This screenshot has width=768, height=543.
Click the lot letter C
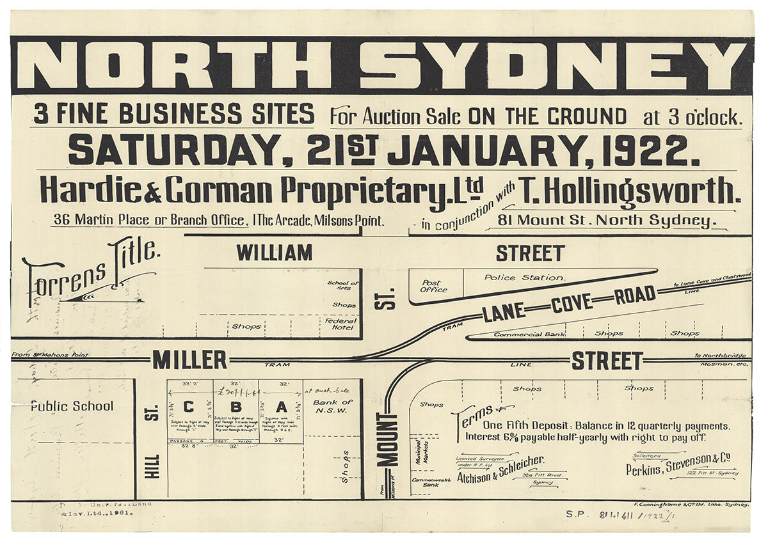(x=189, y=406)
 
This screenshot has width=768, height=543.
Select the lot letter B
(x=236, y=406)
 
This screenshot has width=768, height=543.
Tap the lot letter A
(x=281, y=406)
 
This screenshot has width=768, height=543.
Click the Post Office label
(x=434, y=285)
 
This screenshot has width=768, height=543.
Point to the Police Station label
(x=524, y=278)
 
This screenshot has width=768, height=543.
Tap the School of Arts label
(x=343, y=286)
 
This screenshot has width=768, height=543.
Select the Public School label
(x=72, y=406)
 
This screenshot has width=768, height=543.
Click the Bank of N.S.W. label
(x=333, y=406)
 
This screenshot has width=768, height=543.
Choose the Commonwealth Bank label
(x=431, y=482)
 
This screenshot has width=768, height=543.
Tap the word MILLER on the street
(x=189, y=360)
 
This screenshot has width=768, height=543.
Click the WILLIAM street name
(x=275, y=253)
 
